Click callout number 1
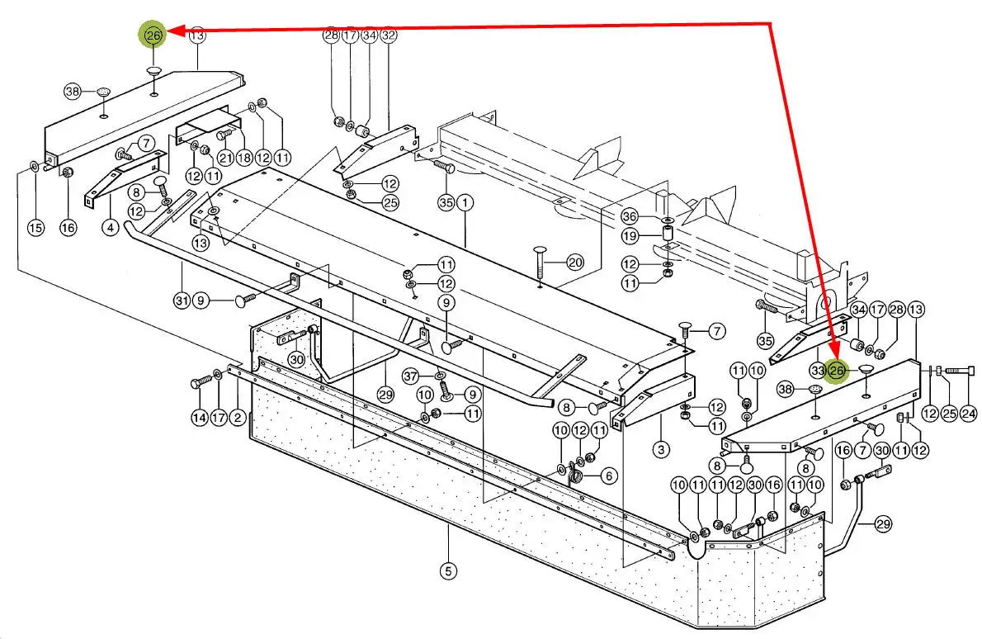(x=465, y=202)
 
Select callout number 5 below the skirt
(x=448, y=570)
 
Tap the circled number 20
(x=575, y=263)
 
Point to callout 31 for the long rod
(x=182, y=301)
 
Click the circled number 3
(x=661, y=448)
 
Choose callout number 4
(x=111, y=227)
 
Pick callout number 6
(x=609, y=476)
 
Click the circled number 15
(x=35, y=227)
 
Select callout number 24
(x=969, y=414)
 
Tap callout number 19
(x=630, y=236)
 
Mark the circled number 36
(x=630, y=217)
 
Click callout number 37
(x=410, y=376)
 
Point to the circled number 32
(x=389, y=35)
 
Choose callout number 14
(x=199, y=417)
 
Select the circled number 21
(x=225, y=158)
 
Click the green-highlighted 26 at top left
(x=153, y=35)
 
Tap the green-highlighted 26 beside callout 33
(x=837, y=371)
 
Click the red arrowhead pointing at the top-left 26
(x=175, y=30)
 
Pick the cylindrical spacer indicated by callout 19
(x=668, y=237)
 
